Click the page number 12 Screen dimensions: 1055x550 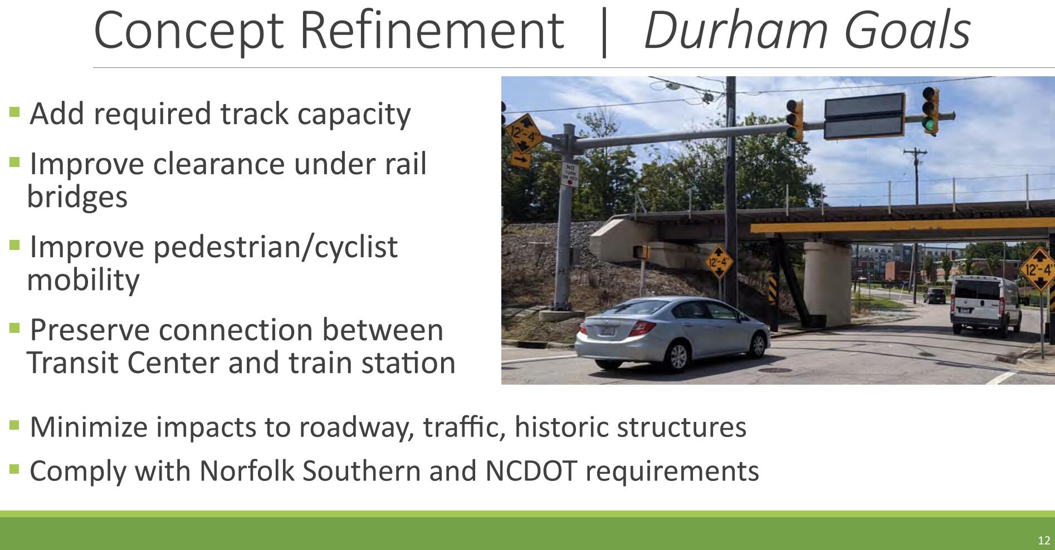1043,540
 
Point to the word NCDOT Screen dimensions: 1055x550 531,471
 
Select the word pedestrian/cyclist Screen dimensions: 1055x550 275,248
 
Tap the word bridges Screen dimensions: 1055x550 77,198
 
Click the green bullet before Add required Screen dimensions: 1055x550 15,112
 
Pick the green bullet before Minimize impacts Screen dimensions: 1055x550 15,426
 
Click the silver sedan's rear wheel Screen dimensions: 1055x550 678,356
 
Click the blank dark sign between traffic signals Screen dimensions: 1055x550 864,116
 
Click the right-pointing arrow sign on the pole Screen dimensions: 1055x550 521,160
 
